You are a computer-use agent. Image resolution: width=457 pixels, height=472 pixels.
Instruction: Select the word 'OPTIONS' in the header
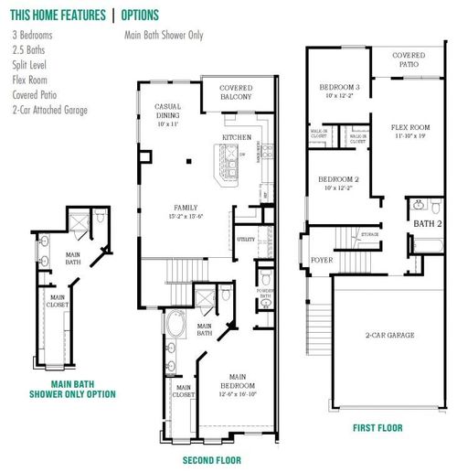(142, 16)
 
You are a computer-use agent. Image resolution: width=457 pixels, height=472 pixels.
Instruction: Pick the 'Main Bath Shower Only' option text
(164, 36)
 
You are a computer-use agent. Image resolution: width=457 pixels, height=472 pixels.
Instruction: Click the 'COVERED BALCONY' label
(235, 92)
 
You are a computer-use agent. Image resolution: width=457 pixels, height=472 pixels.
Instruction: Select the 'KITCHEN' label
(237, 138)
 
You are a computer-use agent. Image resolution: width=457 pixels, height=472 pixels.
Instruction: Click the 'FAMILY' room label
(186, 209)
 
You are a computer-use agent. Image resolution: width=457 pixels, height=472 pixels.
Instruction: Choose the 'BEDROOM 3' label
(337, 90)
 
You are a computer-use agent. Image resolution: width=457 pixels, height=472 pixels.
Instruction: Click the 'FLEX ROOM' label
(409, 130)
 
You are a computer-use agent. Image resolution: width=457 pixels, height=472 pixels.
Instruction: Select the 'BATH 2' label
(427, 224)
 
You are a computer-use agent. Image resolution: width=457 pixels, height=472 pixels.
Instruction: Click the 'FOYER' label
(322, 258)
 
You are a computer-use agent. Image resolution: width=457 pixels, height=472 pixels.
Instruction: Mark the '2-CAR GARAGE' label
(389, 335)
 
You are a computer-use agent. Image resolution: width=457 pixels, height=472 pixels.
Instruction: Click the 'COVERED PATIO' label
(409, 61)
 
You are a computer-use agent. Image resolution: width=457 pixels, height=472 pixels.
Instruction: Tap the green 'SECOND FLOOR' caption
(212, 461)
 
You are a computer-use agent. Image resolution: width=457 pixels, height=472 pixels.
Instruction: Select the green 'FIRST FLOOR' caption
(378, 426)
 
